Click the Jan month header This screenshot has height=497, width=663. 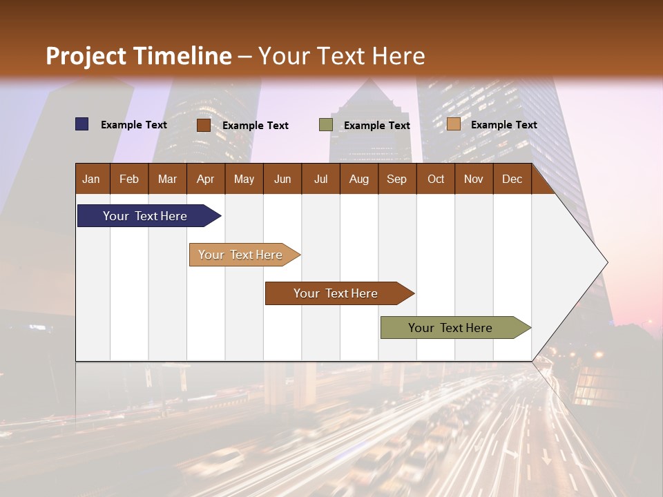click(x=91, y=179)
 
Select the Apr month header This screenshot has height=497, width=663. click(x=205, y=179)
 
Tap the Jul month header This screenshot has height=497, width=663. click(x=320, y=179)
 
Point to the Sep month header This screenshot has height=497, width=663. click(x=396, y=179)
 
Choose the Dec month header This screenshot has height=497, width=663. click(x=512, y=179)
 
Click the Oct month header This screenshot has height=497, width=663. click(x=436, y=179)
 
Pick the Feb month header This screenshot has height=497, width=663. click(x=129, y=179)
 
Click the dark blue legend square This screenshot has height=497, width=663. click(x=82, y=124)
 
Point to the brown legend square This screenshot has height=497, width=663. click(x=203, y=125)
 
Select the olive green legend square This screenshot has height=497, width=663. click(x=326, y=125)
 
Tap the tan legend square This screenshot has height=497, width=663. click(x=453, y=124)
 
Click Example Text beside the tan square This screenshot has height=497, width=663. click(x=503, y=125)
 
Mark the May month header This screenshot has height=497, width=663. click(x=244, y=179)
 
